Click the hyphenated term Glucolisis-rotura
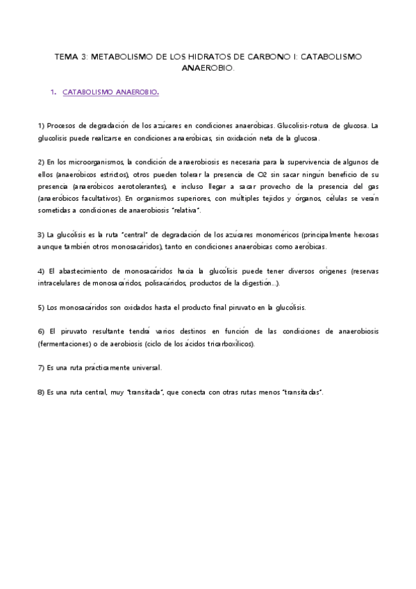[303, 126]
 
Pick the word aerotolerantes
[139, 186]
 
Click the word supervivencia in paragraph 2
[313, 162]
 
